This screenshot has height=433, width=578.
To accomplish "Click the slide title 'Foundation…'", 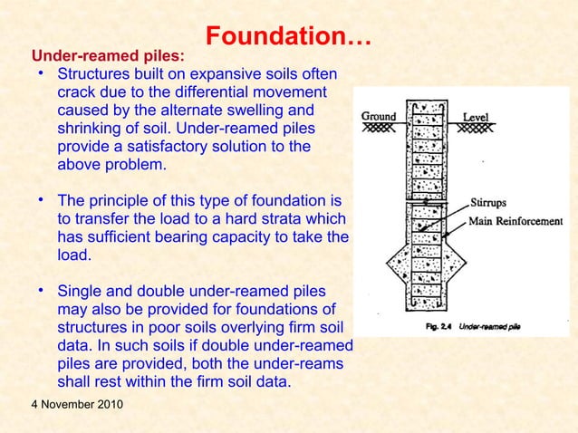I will click(x=288, y=37).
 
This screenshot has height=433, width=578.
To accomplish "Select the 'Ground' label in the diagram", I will click(x=379, y=117).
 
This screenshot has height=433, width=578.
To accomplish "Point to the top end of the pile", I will click(x=426, y=102).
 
